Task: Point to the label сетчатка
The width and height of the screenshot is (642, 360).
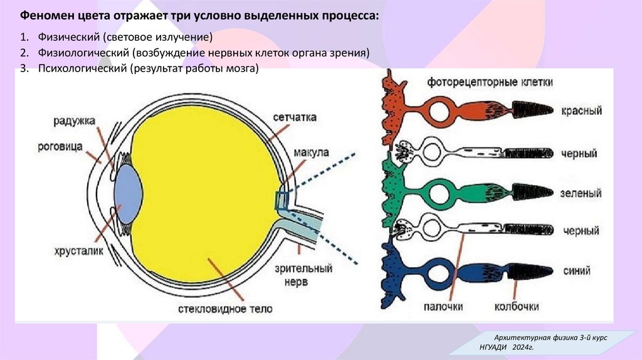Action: pyautogui.click(x=295, y=118)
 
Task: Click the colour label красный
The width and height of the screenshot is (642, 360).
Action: pyautogui.click(x=582, y=110)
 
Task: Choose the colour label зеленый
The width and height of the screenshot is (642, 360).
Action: pyautogui.click(x=582, y=193)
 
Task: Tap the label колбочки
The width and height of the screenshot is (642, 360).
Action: pyautogui.click(x=517, y=307)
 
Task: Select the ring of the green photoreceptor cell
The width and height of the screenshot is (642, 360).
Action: pyautogui.click(x=439, y=193)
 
